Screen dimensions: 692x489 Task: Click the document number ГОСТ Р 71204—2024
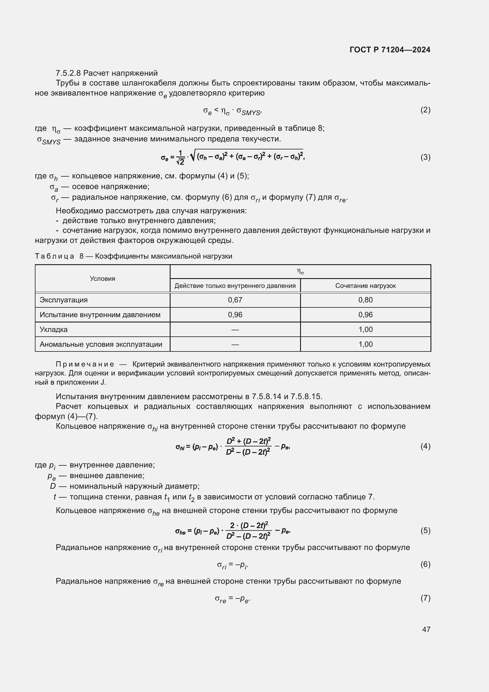point(390,50)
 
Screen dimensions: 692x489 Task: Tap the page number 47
point(426,629)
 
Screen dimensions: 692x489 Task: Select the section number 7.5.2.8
point(68,73)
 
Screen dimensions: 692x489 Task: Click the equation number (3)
point(425,157)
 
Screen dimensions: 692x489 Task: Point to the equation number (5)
point(425,530)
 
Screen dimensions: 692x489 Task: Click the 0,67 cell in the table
point(235,300)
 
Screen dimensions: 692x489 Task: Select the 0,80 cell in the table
point(365,300)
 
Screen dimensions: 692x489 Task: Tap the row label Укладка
point(54,329)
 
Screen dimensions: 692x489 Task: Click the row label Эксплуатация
point(64,300)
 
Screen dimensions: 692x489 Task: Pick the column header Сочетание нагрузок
point(365,286)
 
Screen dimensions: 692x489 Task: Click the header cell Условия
point(102,278)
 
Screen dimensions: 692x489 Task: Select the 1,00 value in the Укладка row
point(365,329)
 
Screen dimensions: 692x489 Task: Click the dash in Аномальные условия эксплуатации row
point(235,344)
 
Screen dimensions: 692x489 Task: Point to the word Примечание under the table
point(85,364)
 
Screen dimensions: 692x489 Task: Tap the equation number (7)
point(425,598)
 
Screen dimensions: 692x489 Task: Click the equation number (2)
point(425,110)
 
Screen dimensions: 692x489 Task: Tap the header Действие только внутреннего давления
point(235,286)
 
